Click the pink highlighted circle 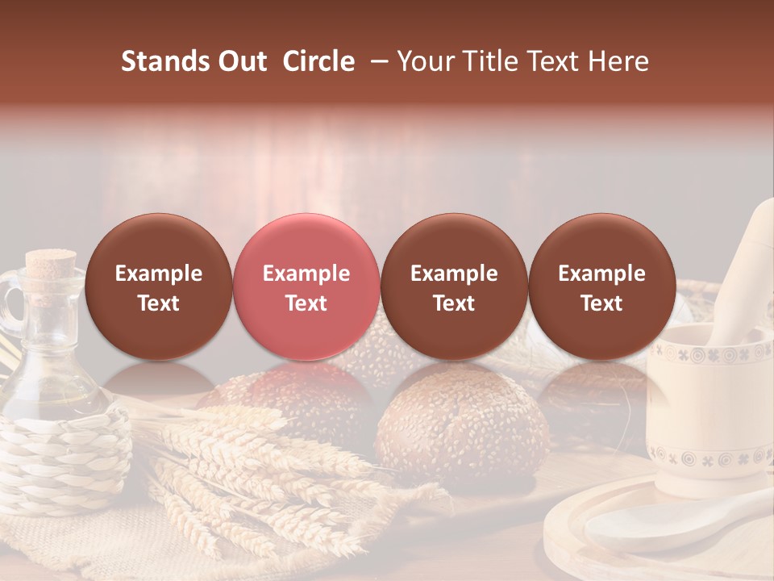(306, 287)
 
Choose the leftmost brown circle (159, 287)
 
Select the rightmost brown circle (602, 287)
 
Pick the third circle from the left (454, 287)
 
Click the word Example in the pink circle (306, 274)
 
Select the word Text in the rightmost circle (602, 303)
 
